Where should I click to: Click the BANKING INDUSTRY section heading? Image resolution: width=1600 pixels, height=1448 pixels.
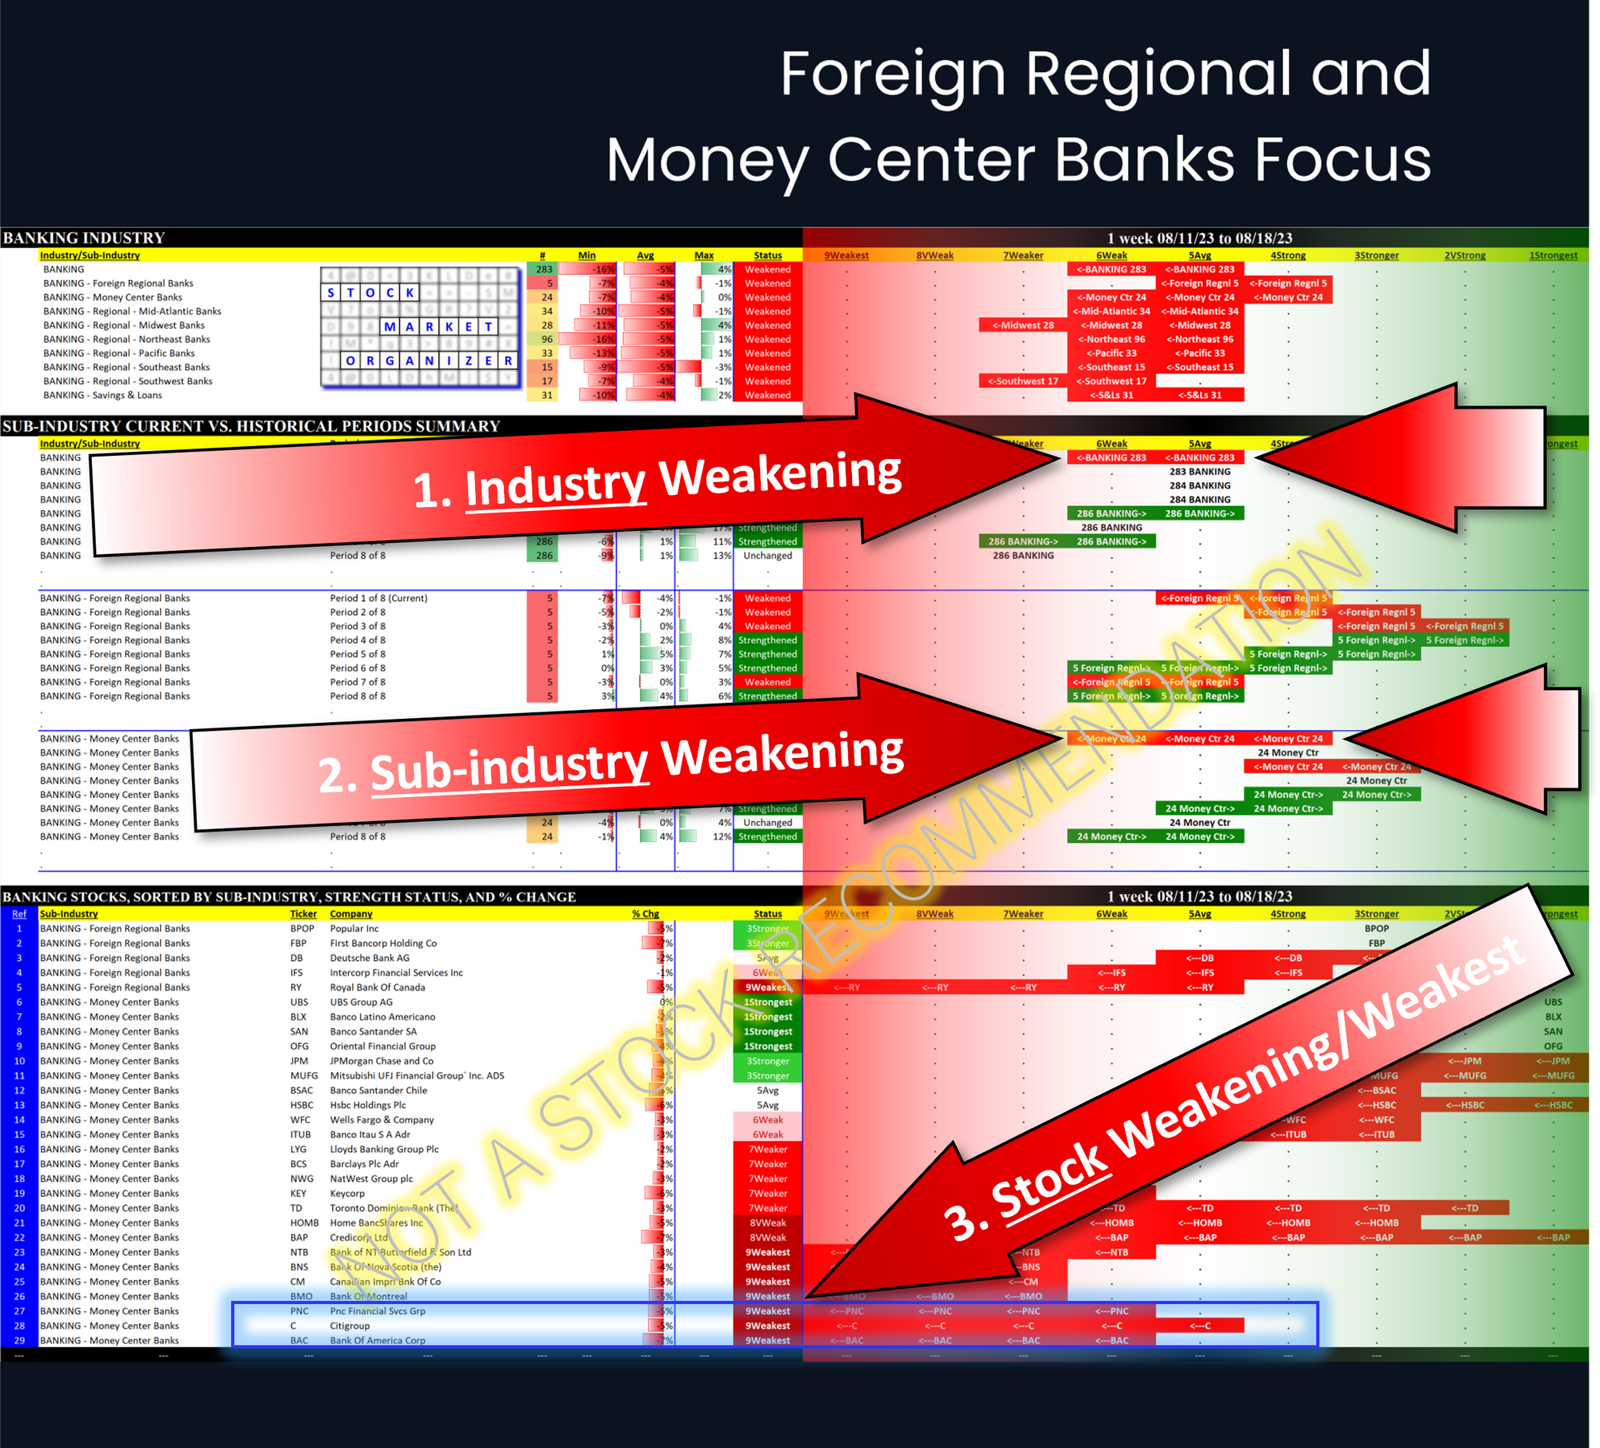(x=84, y=237)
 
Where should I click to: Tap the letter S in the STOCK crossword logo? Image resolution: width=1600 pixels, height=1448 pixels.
(x=331, y=293)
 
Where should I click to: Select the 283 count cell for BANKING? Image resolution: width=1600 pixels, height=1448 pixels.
(x=544, y=269)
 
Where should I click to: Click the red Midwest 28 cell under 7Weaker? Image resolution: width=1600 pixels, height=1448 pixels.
(x=1022, y=325)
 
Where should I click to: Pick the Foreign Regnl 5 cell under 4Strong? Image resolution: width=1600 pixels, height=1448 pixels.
(x=1287, y=283)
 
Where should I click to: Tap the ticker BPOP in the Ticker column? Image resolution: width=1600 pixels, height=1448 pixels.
(x=302, y=928)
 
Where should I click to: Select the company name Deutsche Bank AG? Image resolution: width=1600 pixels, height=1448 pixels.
(x=370, y=958)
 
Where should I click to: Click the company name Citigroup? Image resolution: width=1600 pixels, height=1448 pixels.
(x=350, y=1326)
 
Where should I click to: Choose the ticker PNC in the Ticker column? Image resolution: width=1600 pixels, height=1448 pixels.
(x=299, y=1311)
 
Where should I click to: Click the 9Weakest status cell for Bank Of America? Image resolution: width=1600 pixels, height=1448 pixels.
(x=767, y=1341)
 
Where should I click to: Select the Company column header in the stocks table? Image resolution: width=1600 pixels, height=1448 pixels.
(x=351, y=914)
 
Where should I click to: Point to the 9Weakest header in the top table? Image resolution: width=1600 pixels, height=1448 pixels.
(x=846, y=256)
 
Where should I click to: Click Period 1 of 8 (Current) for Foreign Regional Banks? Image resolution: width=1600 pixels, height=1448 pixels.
(x=378, y=598)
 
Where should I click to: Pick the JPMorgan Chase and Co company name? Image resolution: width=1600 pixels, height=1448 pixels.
(x=382, y=1061)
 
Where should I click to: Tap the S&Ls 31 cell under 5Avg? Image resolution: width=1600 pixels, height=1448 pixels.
(x=1199, y=395)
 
